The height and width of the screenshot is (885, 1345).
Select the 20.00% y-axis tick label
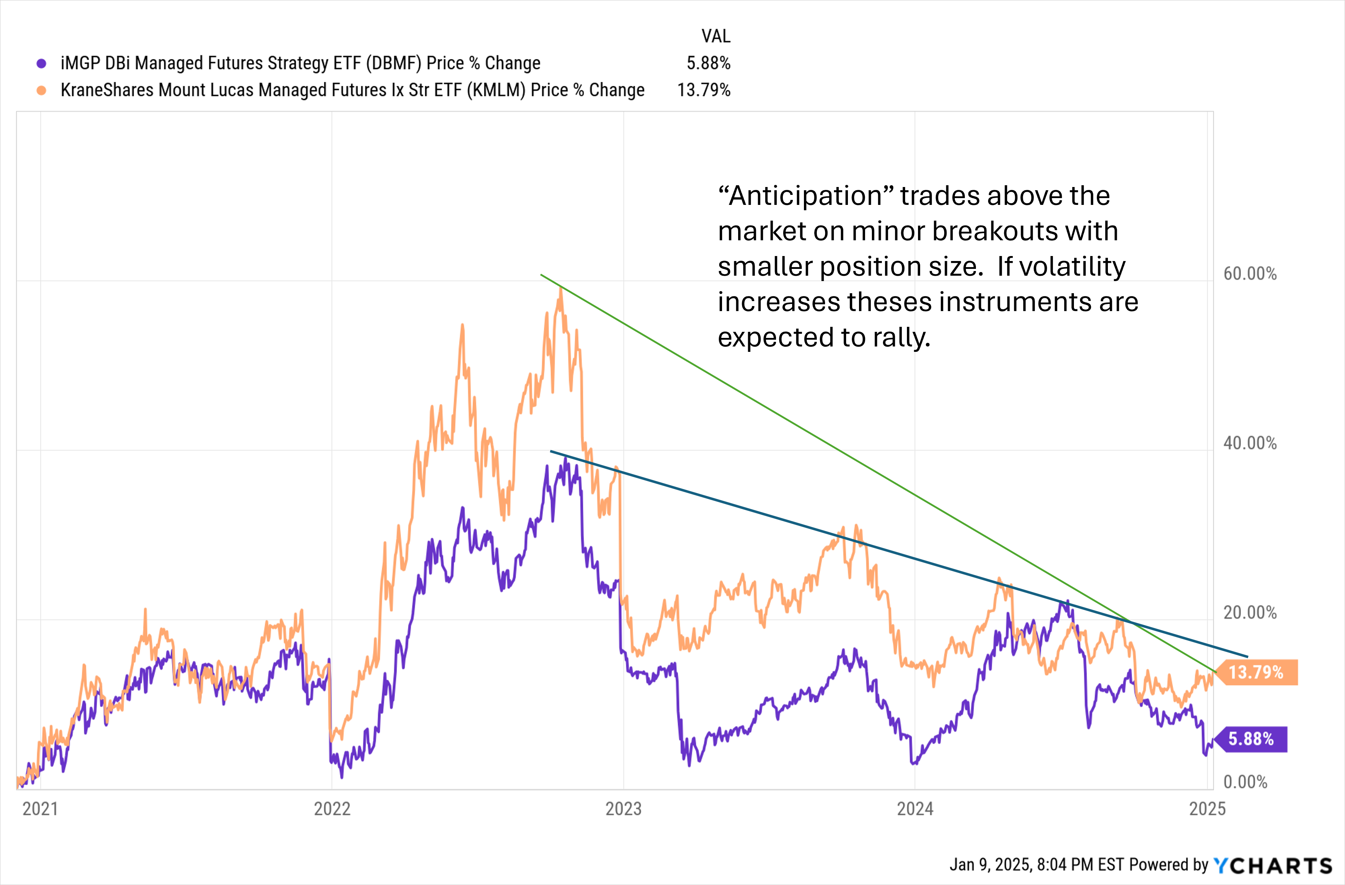pos(1250,613)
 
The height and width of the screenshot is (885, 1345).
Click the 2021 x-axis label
pos(40,809)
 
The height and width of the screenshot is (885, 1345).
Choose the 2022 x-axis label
pos(332,809)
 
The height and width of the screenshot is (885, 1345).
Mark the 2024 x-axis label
pos(915,809)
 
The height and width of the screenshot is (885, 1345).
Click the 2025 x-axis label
pos(1207,809)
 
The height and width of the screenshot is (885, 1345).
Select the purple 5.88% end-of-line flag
pos(1251,739)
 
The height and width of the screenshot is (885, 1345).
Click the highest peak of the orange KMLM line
pos(560,288)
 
